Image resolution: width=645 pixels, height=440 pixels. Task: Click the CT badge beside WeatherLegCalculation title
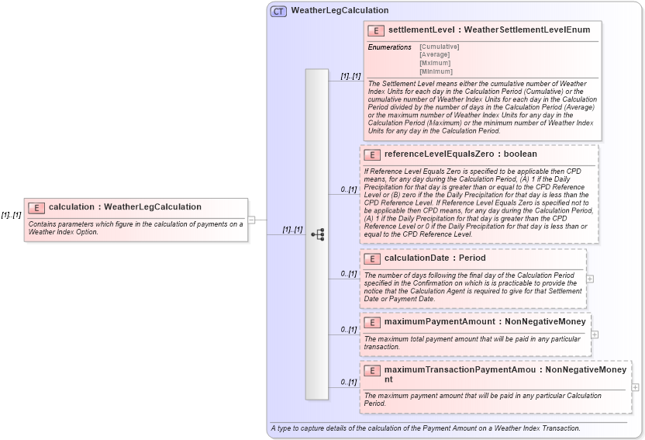278,11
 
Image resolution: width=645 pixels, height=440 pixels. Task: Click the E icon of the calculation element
36,207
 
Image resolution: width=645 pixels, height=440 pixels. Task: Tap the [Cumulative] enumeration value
439,47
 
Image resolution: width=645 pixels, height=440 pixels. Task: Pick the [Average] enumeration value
434,55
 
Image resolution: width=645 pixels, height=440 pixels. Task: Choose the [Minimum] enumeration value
435,71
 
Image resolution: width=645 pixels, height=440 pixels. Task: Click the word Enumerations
389,47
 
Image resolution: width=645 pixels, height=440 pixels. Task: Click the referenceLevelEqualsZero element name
440,154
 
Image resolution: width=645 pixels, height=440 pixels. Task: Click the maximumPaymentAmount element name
440,321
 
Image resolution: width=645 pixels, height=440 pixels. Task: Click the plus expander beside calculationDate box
590,279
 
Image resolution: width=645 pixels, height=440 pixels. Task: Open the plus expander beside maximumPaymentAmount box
595,334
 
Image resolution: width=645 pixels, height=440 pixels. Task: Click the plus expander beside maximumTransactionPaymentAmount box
636,387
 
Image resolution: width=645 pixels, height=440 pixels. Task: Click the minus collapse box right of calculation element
251,220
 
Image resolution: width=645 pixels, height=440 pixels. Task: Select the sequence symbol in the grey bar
317,234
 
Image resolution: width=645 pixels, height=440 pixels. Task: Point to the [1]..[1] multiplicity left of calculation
11,215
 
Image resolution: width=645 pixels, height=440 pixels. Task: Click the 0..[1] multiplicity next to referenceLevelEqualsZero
349,189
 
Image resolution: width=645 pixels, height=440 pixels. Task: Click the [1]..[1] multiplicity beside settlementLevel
350,76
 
